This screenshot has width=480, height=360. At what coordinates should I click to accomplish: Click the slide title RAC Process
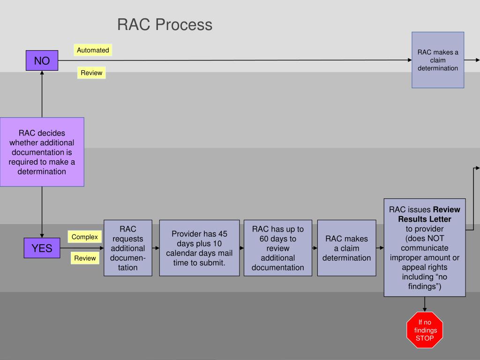(165, 24)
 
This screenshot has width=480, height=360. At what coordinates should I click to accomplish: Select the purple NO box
(42, 60)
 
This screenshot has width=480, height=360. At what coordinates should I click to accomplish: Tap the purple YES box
(42, 248)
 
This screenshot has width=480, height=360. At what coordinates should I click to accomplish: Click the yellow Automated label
(93, 50)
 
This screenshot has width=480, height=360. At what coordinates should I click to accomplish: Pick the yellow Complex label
(84, 237)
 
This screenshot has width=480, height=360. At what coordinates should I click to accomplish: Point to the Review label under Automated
(91, 73)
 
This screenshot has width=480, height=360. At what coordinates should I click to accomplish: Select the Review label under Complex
(85, 258)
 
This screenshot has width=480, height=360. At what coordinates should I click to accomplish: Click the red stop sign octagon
(425, 330)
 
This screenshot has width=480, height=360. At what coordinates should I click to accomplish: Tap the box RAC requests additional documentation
(127, 248)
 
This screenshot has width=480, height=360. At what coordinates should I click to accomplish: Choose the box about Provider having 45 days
(199, 248)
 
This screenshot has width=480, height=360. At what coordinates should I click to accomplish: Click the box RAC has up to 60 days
(277, 248)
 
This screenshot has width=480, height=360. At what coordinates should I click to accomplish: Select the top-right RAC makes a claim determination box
(438, 60)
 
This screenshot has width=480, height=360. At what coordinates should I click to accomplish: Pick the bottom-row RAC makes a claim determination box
(346, 248)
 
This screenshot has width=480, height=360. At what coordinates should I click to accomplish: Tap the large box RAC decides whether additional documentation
(42, 152)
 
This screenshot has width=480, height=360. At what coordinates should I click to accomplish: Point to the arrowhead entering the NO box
(42, 73)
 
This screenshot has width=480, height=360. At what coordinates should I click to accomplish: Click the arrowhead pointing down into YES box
(42, 235)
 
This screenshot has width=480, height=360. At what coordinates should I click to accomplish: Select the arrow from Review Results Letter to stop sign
(425, 304)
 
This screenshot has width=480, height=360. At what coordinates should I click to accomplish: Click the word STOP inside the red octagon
(425, 338)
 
